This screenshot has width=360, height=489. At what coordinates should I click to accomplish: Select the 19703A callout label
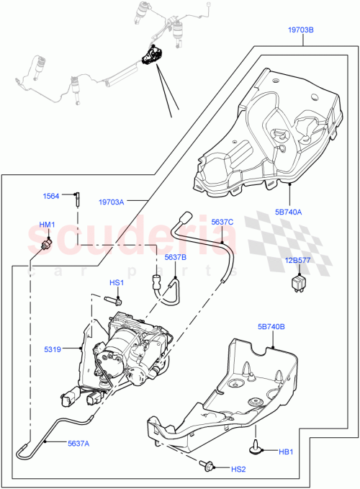112,202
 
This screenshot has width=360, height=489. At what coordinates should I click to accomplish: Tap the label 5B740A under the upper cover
288,212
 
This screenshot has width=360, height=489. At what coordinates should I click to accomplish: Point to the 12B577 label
297,261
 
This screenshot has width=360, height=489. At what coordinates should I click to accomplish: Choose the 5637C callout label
222,222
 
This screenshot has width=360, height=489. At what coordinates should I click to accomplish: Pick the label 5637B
175,256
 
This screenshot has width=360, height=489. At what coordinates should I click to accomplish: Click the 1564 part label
50,195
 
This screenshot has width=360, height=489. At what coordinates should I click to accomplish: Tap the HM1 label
47,225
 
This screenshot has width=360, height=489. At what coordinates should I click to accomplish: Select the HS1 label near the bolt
117,282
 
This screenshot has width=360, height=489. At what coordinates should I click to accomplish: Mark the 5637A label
79,444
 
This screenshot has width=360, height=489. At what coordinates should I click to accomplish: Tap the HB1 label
287,452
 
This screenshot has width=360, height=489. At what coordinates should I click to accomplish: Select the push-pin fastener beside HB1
257,449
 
